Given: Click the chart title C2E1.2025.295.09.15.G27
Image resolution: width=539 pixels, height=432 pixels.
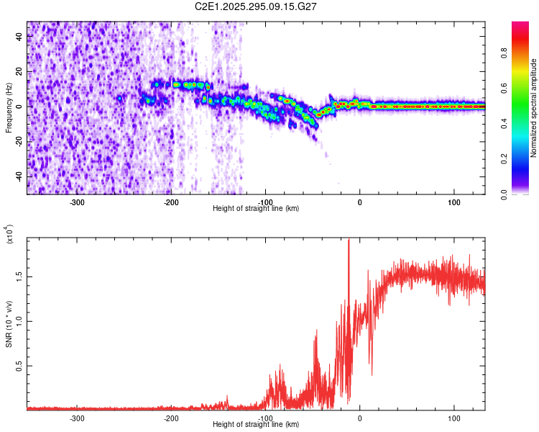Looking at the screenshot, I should click(256, 6).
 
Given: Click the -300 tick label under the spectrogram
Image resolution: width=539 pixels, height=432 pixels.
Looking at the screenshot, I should click(77, 202).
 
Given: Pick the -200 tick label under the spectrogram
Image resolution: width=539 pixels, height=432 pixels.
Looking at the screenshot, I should click(171, 202).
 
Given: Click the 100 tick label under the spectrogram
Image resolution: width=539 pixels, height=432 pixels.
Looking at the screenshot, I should click(453, 202).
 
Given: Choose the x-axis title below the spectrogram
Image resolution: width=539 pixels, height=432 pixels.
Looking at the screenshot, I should click(256, 209).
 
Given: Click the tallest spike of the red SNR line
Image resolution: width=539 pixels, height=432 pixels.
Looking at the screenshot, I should click(349, 241).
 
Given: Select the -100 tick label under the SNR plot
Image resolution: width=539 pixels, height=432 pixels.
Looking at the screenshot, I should click(265, 418).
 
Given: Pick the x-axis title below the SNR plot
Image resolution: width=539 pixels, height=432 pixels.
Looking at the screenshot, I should click(256, 425).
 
